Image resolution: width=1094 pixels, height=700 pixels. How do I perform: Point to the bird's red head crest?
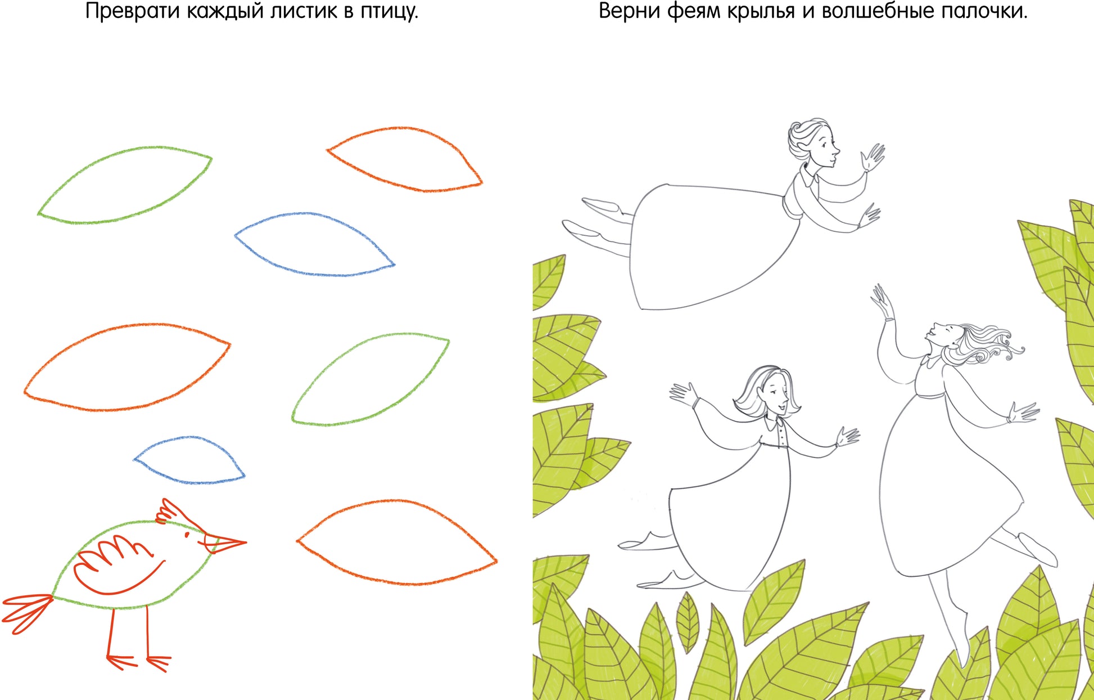point(174,512)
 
